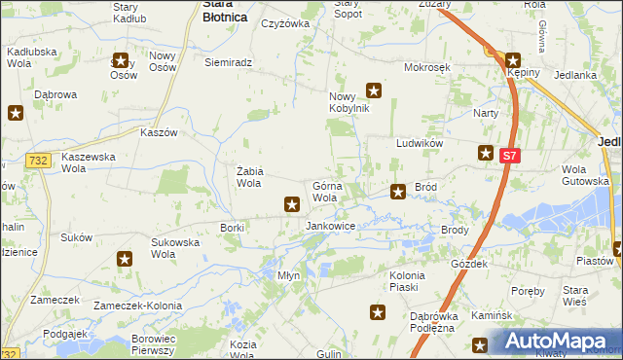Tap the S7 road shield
click(509, 155)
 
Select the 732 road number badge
click(38, 161)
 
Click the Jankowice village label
click(330, 226)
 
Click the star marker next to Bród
click(398, 192)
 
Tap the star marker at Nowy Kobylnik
click(373, 91)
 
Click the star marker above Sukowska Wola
click(126, 259)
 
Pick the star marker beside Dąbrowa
click(16, 113)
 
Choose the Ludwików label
click(420, 143)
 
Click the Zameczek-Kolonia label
click(132, 305)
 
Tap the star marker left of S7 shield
click(486, 153)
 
